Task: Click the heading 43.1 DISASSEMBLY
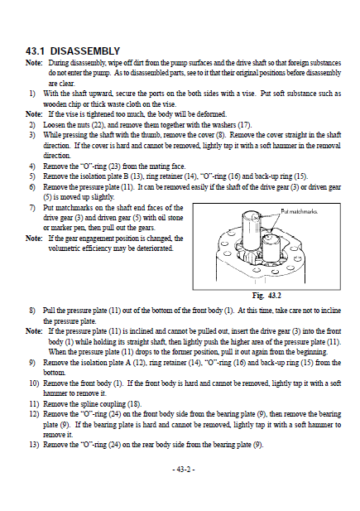[x=73, y=51]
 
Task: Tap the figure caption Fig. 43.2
[x=266, y=296]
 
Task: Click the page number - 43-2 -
[x=184, y=470]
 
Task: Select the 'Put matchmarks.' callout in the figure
[x=299, y=211]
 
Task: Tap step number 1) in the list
[x=32, y=94]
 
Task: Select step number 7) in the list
[x=32, y=208]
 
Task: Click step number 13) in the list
[x=34, y=445]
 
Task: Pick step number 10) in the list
[x=34, y=383]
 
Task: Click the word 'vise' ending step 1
[x=169, y=104]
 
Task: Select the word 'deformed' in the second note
[x=212, y=114]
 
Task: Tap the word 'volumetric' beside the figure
[x=63, y=248]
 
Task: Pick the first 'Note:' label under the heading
[x=34, y=63]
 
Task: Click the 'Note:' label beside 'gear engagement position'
[x=34, y=239]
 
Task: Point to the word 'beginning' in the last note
[x=314, y=352]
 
